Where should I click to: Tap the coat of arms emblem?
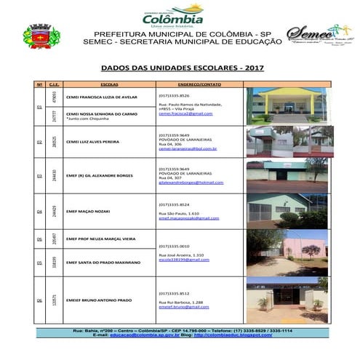[x=43, y=36]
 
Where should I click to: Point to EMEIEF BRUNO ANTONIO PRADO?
[x=98, y=299]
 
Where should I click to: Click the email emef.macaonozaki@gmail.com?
[x=188, y=218]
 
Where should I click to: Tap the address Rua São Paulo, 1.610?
[x=179, y=213]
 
